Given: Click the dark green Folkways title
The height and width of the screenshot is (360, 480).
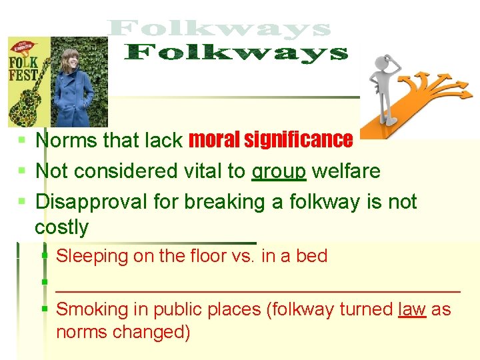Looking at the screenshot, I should [x=237, y=53].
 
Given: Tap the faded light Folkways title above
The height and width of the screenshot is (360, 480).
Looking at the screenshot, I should [x=220, y=29].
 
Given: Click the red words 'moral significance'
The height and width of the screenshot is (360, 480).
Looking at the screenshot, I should [x=271, y=140].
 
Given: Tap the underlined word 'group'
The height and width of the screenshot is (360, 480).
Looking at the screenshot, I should [x=279, y=171].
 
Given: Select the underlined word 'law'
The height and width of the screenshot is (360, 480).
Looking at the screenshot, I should [x=411, y=309].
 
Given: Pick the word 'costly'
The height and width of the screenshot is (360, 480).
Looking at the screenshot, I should [x=61, y=227].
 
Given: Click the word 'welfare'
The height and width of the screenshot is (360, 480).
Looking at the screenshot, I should [x=346, y=171].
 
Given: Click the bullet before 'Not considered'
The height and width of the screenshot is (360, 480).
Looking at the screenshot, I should [x=22, y=171].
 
